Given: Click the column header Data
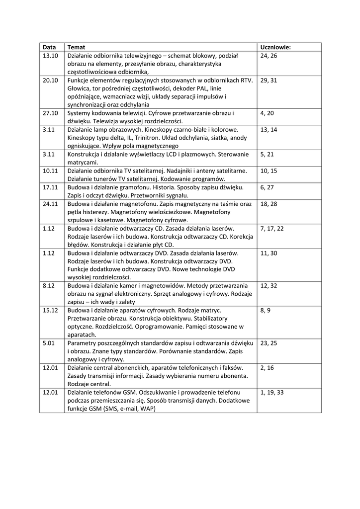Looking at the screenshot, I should (x=49, y=47).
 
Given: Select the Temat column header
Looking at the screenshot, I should (x=76, y=47).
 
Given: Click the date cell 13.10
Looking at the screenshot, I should (x=51, y=56).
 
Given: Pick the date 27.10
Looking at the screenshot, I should (x=51, y=113).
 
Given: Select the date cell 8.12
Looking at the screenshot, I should (x=48, y=286).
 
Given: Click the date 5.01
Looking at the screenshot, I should (x=48, y=343).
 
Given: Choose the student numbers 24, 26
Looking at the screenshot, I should (x=269, y=56).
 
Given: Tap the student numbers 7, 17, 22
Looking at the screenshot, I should (x=272, y=228).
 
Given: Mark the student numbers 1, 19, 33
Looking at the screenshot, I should (x=272, y=392).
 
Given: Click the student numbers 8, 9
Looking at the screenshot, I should (x=265, y=310).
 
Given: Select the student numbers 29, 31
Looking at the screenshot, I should (x=269, y=80).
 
